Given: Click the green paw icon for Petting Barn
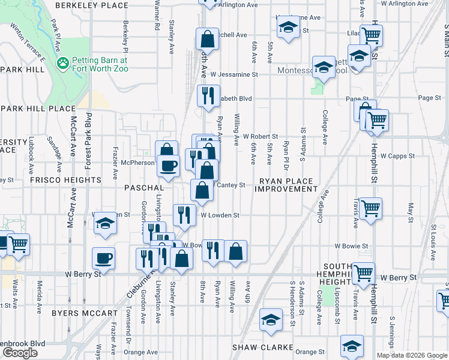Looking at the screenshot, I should [62, 62].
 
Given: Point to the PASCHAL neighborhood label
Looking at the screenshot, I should [143, 188].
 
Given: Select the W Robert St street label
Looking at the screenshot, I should [260, 137].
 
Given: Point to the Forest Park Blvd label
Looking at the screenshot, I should [88, 139].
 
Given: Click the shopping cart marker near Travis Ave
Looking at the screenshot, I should [370, 208].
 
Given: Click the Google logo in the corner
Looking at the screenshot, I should [20, 353].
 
